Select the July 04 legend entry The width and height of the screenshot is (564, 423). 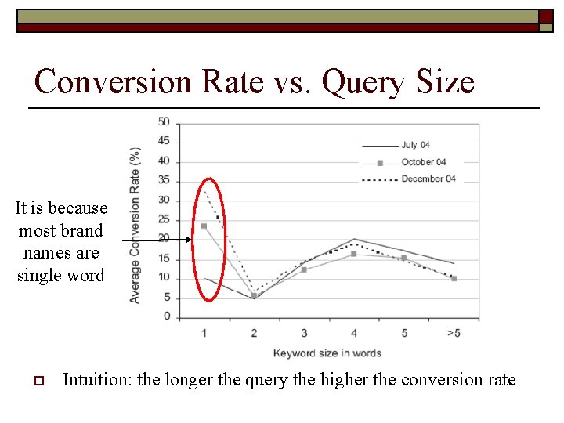[x=415, y=145]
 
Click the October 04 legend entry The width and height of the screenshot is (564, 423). [x=423, y=162]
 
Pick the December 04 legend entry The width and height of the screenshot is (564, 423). [x=428, y=179]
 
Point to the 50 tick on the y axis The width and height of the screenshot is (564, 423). [x=164, y=122]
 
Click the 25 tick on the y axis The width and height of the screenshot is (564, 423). [x=164, y=219]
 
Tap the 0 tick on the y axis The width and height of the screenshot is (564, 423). [x=167, y=316]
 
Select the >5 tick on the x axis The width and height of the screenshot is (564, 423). [x=454, y=333]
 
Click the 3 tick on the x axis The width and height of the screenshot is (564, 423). [x=304, y=333]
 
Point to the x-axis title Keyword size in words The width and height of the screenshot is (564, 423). [x=327, y=353]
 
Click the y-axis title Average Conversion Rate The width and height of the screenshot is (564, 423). [x=136, y=225]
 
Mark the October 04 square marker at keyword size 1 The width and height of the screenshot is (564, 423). [x=204, y=226]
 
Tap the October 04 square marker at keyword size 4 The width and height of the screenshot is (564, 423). [x=354, y=254]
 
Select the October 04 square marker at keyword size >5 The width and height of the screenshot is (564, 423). [x=454, y=278]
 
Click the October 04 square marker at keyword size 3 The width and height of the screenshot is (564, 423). [x=304, y=269]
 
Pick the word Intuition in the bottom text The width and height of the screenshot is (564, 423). [x=96, y=380]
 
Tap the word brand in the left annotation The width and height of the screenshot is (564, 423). [x=81, y=231]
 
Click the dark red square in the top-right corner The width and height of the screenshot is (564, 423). [x=546, y=16]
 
